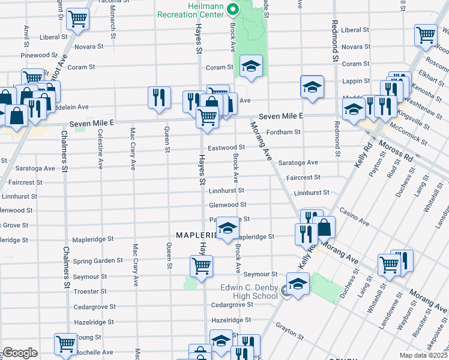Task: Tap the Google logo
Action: point(20,353)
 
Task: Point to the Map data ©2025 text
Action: point(424,355)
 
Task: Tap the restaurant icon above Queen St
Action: point(158,97)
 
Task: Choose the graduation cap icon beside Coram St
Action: point(252,66)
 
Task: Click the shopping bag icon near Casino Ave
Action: point(324,227)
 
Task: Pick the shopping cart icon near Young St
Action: point(66,344)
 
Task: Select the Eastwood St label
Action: point(226,147)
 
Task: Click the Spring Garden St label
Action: point(98,261)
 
